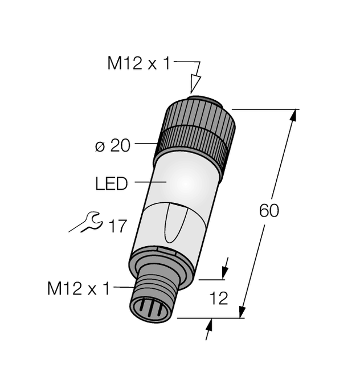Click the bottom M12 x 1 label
click(x=77, y=289)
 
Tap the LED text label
click(x=112, y=184)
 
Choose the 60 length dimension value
click(x=269, y=211)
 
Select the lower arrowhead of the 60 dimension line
click(x=243, y=311)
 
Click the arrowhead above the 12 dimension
click(x=224, y=272)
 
